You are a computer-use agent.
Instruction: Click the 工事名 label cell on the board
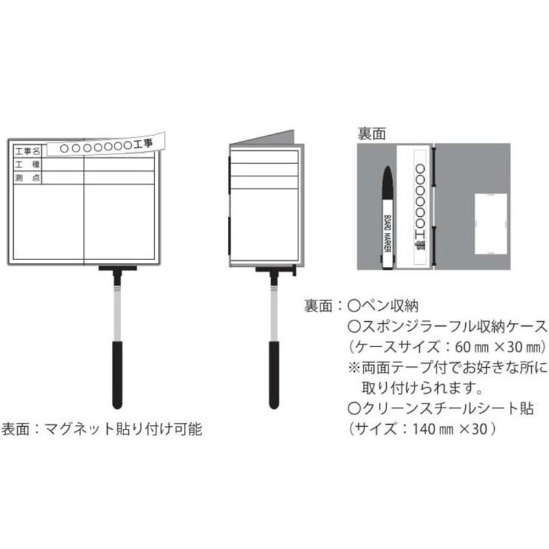[27, 151]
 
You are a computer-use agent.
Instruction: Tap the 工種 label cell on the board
[27, 164]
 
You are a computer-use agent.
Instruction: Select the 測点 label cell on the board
[27, 178]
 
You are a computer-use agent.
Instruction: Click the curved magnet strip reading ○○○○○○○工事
[106, 145]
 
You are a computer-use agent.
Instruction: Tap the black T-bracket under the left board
[117, 272]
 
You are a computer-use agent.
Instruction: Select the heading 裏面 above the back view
[371, 134]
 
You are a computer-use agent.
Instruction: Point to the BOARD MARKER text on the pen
[388, 233]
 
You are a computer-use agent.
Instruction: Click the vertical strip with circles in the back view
[420, 207]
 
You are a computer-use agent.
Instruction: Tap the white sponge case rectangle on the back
[491, 224]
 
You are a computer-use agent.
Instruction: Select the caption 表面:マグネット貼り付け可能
[102, 429]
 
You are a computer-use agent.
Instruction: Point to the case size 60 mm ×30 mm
[501, 347]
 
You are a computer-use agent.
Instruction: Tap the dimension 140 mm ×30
[450, 429]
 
